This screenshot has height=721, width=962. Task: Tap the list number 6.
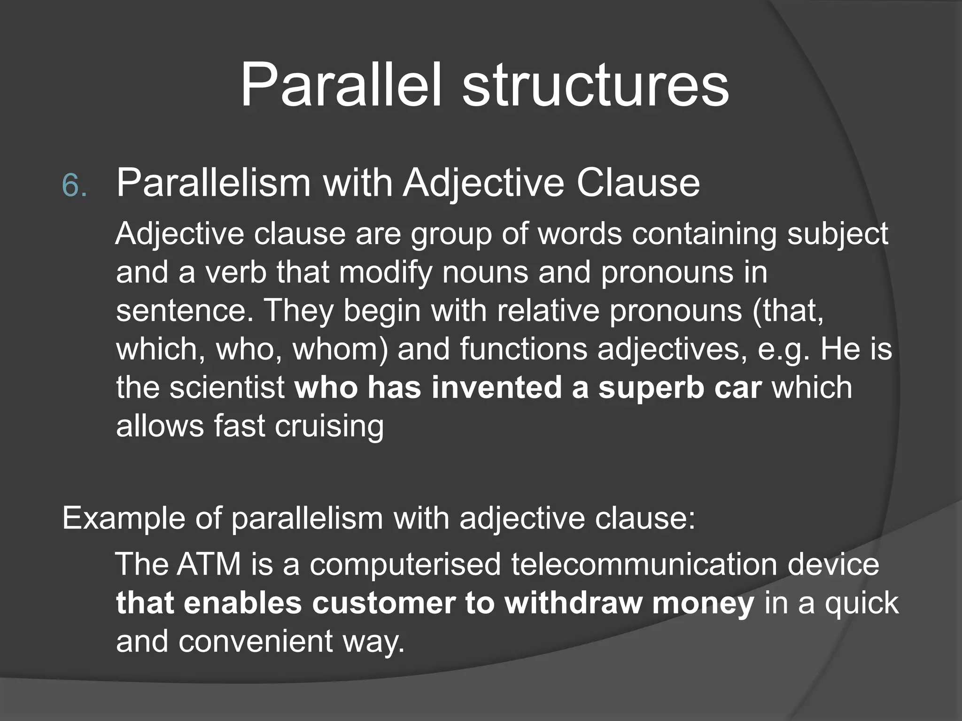click(74, 186)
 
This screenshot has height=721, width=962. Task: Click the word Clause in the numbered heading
click(638, 183)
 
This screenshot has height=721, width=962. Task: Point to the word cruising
click(329, 427)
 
